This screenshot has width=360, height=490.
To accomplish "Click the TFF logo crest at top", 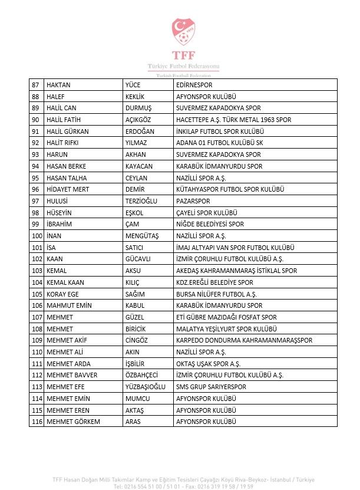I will click(183, 32).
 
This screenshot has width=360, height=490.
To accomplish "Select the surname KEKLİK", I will click(136, 97).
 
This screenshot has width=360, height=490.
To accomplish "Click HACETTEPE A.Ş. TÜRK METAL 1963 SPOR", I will click(234, 120).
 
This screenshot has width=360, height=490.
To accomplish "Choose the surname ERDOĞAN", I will click(140, 131).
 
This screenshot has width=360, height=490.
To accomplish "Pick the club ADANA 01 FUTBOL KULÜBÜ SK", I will click(219, 143).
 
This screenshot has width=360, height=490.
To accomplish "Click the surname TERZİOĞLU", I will click(141, 201).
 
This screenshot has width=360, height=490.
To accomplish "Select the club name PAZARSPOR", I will click(193, 201).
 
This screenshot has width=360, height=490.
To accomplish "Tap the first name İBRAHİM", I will click(59, 224).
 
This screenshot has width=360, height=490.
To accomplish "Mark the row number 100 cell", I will click(37, 236).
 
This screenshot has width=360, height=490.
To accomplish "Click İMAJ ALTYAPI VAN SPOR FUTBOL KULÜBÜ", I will click(235, 248).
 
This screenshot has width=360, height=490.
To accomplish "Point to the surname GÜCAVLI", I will click(138, 259).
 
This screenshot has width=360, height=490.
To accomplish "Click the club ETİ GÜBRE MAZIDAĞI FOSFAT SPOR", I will click(226, 317).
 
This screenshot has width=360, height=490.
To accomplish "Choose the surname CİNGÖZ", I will click(138, 340).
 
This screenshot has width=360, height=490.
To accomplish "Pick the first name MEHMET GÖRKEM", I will click(73, 422).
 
